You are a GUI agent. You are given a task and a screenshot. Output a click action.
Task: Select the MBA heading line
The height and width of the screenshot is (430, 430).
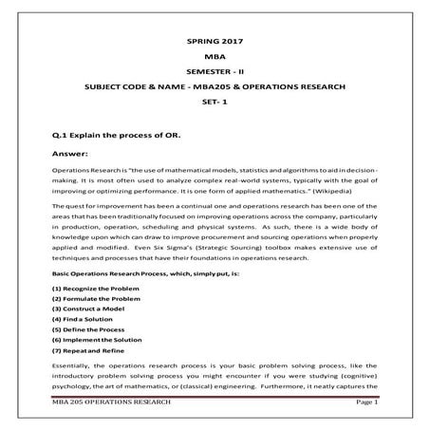[x=215, y=59]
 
